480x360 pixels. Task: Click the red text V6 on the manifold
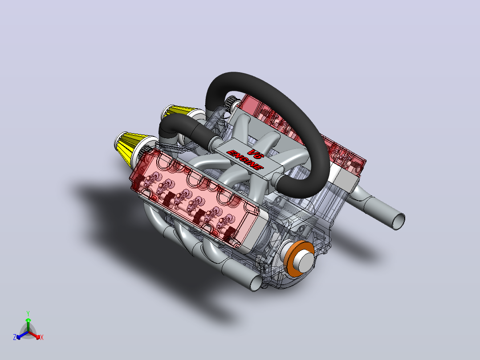256,154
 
